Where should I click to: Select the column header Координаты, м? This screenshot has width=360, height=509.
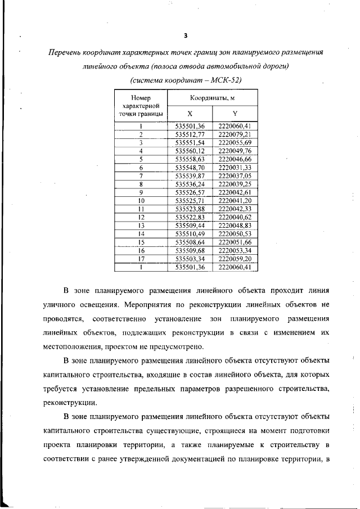click(x=212, y=99)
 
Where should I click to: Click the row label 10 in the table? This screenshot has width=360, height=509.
click(x=141, y=200)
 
